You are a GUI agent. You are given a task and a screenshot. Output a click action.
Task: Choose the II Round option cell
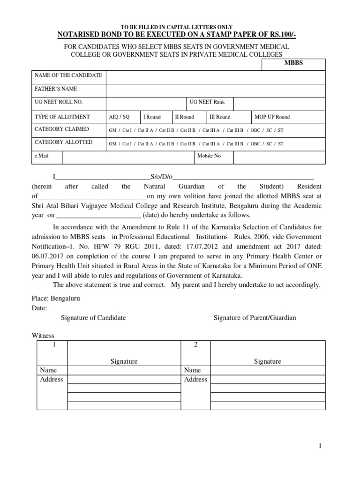pyautogui.click(x=184, y=117)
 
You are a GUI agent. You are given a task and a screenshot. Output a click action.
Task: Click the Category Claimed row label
pyautogui.click(x=61, y=129)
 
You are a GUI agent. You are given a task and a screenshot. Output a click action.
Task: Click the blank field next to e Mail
pyautogui.click(x=128, y=156)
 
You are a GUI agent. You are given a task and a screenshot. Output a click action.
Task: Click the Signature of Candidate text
pyautogui.click(x=93, y=318)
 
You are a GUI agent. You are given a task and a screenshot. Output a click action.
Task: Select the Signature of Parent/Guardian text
pyautogui.click(x=255, y=318)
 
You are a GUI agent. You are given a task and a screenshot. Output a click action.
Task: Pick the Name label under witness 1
pyautogui.click(x=48, y=370)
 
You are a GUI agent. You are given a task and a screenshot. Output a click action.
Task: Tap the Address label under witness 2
pyautogui.click(x=195, y=379)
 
